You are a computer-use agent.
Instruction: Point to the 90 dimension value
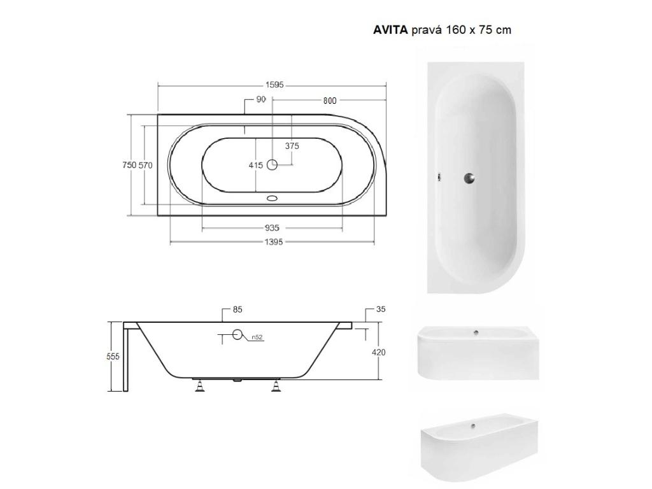coord(260,100)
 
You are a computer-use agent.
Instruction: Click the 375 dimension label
coord(292,146)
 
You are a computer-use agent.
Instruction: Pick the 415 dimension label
coord(256,166)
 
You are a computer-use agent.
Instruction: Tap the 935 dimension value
coord(272,228)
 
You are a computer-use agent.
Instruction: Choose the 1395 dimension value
coord(272,242)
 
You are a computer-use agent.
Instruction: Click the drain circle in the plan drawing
coord(272,165)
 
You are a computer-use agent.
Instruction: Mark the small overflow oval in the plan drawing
coord(273,197)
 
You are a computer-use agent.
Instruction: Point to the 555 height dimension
coord(112,357)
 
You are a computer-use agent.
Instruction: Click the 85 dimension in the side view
coord(237,310)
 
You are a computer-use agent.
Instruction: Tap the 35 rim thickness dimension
coord(381,310)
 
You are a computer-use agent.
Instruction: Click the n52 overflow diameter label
coord(257,337)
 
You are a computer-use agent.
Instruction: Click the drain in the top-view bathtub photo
coord(470,178)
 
